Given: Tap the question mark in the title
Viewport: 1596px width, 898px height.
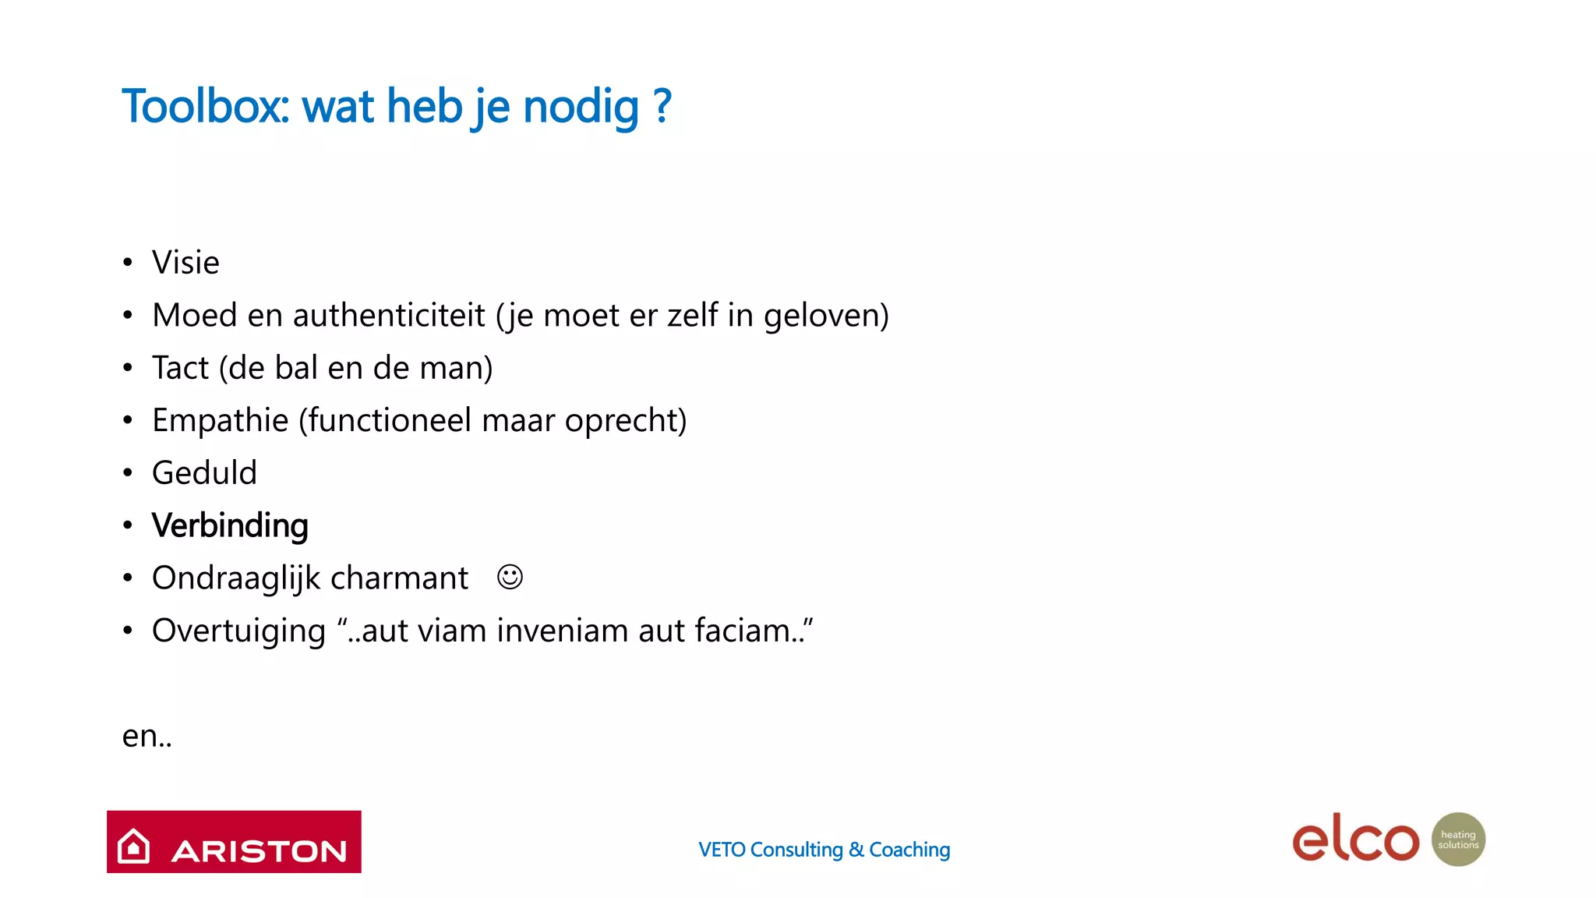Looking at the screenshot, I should point(662,106).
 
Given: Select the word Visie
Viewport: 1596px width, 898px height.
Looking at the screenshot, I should point(185,263).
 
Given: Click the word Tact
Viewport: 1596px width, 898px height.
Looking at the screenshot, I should point(180,368).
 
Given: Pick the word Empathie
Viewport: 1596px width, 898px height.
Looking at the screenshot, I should point(220,421).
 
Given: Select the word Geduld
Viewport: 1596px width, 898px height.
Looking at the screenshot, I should point(204,473).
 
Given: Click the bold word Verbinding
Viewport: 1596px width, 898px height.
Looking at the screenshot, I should point(230,525).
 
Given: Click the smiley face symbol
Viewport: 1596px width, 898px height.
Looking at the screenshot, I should point(510,578).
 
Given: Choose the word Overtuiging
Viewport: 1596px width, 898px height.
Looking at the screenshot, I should point(238,631).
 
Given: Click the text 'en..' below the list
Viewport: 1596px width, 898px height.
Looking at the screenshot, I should point(147,736).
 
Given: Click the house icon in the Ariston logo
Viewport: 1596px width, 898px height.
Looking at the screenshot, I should point(133,846).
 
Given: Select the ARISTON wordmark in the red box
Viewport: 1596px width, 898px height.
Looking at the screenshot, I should point(259,851).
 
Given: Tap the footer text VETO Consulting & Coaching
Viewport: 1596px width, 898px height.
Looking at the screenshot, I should point(824,850).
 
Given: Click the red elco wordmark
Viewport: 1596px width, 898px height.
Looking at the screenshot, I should point(1355,840).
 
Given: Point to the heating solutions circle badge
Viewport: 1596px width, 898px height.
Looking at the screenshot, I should point(1458,840).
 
